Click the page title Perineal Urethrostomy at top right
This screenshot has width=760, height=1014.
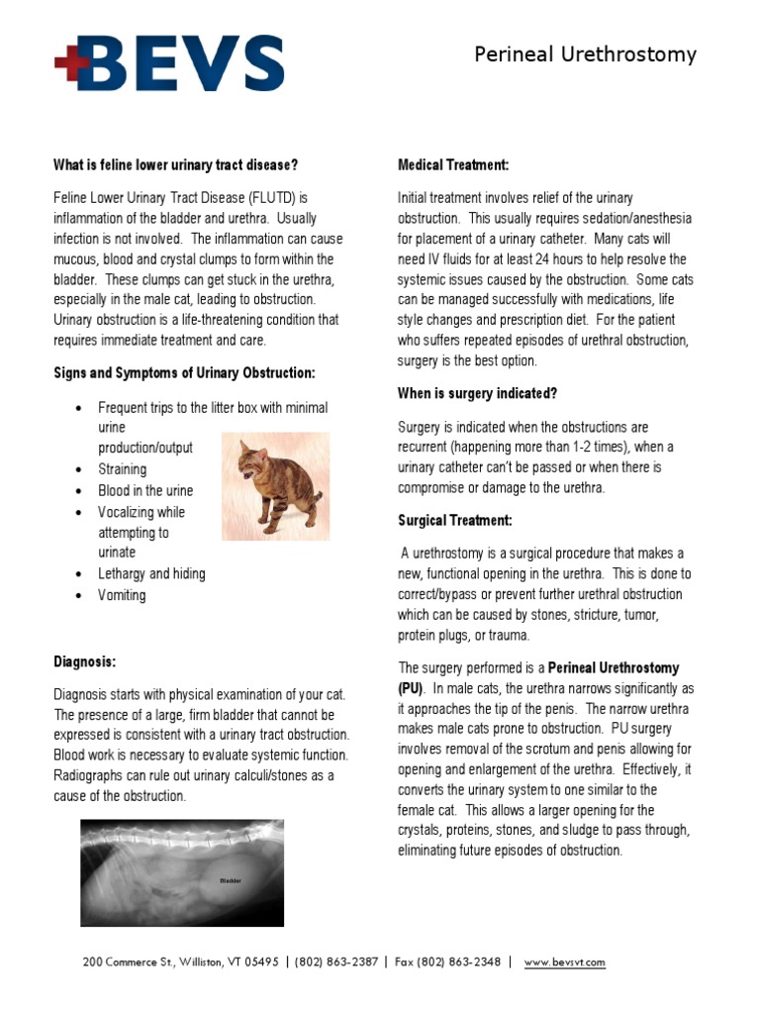pos(585,54)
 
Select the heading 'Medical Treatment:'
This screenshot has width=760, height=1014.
pos(453,164)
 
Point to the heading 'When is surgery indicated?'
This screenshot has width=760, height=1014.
pos(477,393)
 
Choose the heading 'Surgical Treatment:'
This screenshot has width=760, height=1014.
pos(455,520)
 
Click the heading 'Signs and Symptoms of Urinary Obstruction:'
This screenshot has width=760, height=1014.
pos(184,372)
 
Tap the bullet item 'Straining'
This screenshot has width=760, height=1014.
pos(122,469)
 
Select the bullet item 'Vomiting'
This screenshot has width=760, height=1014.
pos(122,595)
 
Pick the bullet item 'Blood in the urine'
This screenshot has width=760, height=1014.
pos(145,491)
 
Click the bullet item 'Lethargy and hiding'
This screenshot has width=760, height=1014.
pos(151,573)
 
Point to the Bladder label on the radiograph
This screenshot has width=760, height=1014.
pos(230,879)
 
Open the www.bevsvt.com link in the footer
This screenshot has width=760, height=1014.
pos(564,962)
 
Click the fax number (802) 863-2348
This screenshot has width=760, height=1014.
pos(459,962)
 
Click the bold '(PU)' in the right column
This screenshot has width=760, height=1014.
pos(411,687)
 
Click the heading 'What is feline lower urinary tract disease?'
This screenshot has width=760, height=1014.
pos(175,164)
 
